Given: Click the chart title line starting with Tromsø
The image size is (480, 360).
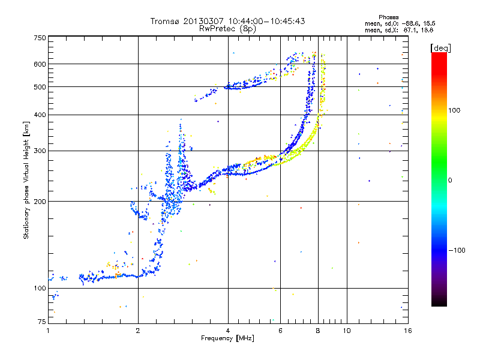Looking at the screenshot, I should (227, 21).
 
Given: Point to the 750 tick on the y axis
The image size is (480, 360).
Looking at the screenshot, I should (40, 38).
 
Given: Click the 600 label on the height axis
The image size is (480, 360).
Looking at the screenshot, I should (40, 64).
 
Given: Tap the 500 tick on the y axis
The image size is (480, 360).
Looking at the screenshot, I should (40, 87).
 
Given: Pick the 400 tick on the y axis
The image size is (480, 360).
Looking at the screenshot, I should (40, 115).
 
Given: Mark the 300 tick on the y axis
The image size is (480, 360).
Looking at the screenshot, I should (40, 151).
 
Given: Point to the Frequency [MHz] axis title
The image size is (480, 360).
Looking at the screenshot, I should (227, 338).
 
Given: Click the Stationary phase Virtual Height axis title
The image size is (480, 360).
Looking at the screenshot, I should (26, 180).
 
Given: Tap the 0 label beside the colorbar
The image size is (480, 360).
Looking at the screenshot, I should (450, 180).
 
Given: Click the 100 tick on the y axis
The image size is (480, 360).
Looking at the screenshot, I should (40, 289).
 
